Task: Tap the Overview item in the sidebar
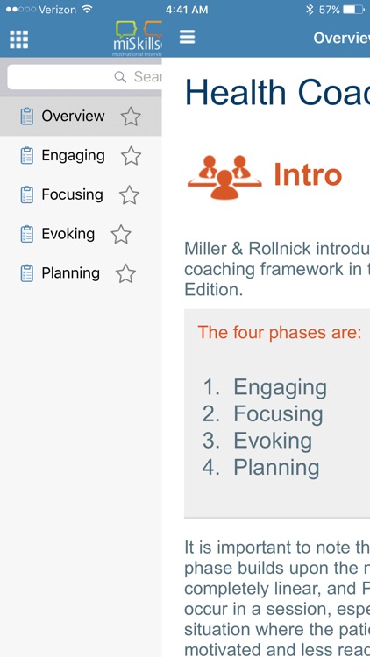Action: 73,117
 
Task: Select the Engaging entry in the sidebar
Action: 73,156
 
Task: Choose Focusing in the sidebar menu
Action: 72,195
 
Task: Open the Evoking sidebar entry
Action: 68,234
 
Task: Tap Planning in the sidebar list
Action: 70,273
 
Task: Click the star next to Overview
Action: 131,117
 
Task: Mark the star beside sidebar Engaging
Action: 131,156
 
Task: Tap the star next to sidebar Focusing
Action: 129,195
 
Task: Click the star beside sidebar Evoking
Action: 121,235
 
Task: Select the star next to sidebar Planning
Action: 125,274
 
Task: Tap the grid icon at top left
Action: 18,39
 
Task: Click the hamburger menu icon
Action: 187,38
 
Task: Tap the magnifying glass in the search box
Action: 121,77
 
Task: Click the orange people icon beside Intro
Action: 224,175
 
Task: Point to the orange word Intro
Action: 307,175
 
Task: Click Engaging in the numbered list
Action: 280,387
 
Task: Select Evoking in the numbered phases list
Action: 273,441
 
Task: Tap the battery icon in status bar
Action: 353,10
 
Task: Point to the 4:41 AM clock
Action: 186,10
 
